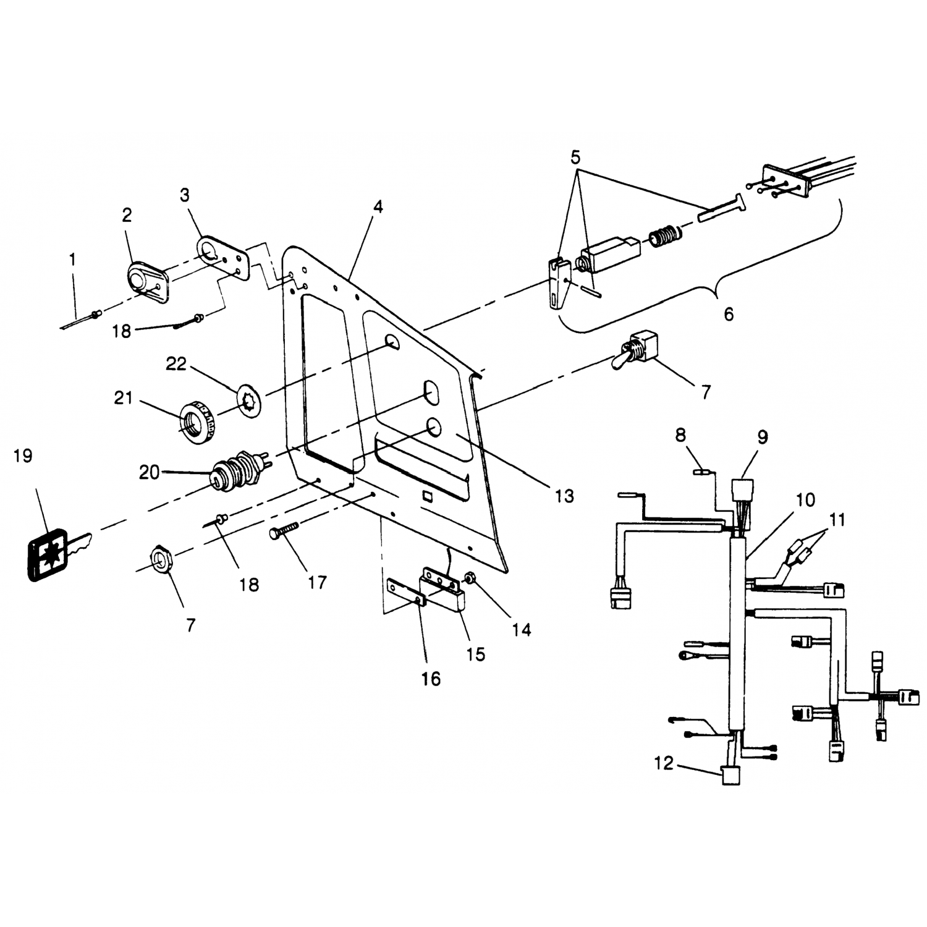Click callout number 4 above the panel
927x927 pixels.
[378, 207]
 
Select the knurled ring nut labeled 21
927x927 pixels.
[197, 422]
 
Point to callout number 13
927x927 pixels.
[564, 496]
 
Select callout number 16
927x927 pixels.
[431, 679]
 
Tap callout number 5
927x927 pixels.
[575, 157]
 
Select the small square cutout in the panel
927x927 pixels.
[426, 495]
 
